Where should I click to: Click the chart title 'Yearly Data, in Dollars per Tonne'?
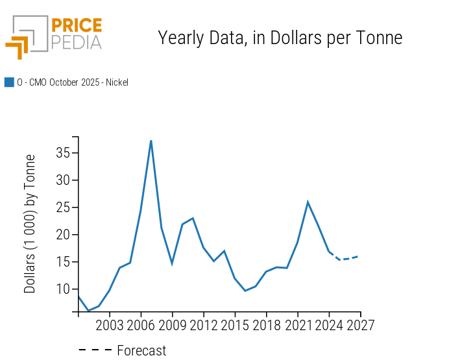[280, 38]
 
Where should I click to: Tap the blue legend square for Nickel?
[9, 82]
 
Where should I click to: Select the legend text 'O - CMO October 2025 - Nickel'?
[73, 82]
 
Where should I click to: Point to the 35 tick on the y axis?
[63, 154]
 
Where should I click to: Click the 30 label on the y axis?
[63, 181]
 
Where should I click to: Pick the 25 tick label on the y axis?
[63, 208]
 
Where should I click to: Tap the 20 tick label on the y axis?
[63, 235]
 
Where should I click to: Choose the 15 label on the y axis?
[63, 262]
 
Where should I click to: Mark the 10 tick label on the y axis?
[63, 289]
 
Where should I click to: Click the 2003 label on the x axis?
[110, 325]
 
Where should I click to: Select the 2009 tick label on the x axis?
[173, 325]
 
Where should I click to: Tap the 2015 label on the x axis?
[235, 325]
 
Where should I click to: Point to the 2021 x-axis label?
[298, 325]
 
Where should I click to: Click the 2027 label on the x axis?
[360, 325]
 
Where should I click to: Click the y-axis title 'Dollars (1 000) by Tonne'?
[30, 224]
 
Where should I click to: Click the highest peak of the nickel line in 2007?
[151, 141]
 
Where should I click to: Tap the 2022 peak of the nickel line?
[308, 202]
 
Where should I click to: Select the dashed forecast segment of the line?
[345, 259]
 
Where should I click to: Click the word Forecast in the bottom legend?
[141, 351]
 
